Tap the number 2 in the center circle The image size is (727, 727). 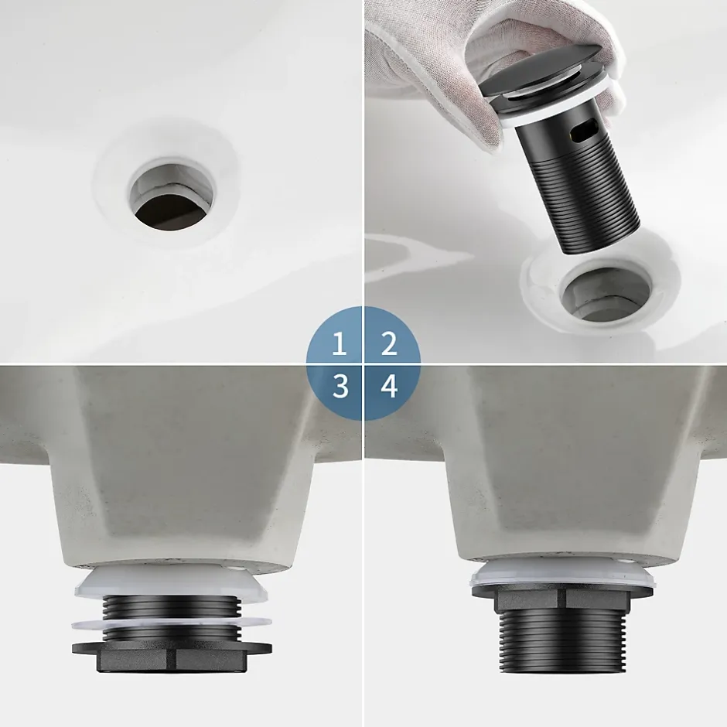point(389,343)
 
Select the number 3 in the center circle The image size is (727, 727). point(340,386)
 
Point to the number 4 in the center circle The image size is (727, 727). point(389,386)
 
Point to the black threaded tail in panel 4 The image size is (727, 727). point(563,646)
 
